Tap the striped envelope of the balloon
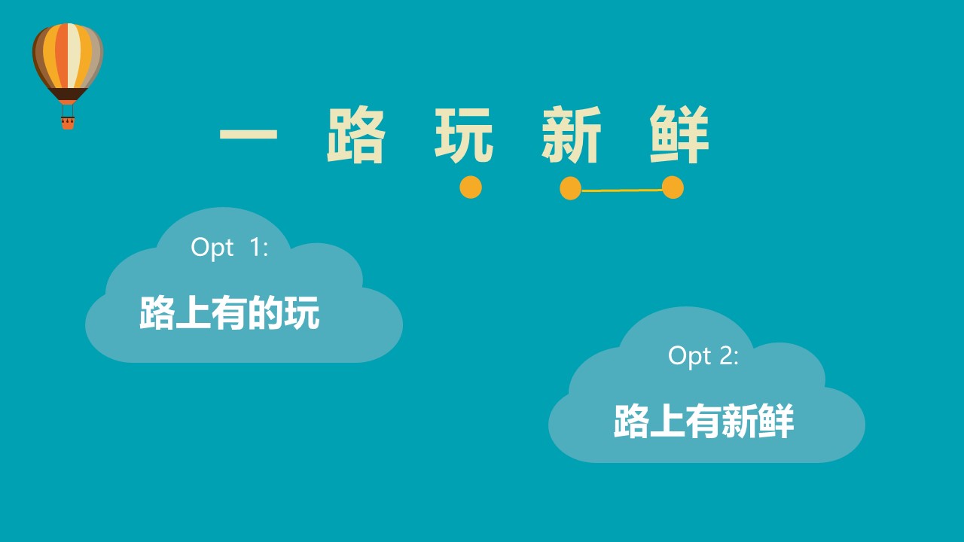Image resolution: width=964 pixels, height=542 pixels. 68,56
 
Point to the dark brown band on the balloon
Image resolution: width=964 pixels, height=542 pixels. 68,94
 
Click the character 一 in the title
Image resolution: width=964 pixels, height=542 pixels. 249,133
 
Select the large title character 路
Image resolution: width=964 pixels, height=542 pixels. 355,135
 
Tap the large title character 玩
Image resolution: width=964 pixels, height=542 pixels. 463,135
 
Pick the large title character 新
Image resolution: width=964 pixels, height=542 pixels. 571,135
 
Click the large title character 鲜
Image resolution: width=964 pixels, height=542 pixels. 679,135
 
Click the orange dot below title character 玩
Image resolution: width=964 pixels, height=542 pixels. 471,187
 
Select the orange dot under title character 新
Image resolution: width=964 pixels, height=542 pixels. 571,188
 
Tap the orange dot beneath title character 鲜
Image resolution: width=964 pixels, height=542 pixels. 673,187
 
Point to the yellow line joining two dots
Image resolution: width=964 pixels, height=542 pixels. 622,190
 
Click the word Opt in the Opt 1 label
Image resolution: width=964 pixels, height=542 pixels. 212,248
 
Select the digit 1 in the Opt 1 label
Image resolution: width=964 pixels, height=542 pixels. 257,248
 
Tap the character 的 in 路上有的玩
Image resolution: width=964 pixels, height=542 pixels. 266,312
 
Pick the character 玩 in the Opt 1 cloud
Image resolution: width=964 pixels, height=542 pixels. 302,312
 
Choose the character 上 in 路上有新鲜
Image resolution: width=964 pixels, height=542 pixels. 667,421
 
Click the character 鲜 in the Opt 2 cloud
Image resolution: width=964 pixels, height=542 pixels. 776,421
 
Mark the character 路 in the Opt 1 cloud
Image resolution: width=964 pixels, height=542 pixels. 157,312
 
